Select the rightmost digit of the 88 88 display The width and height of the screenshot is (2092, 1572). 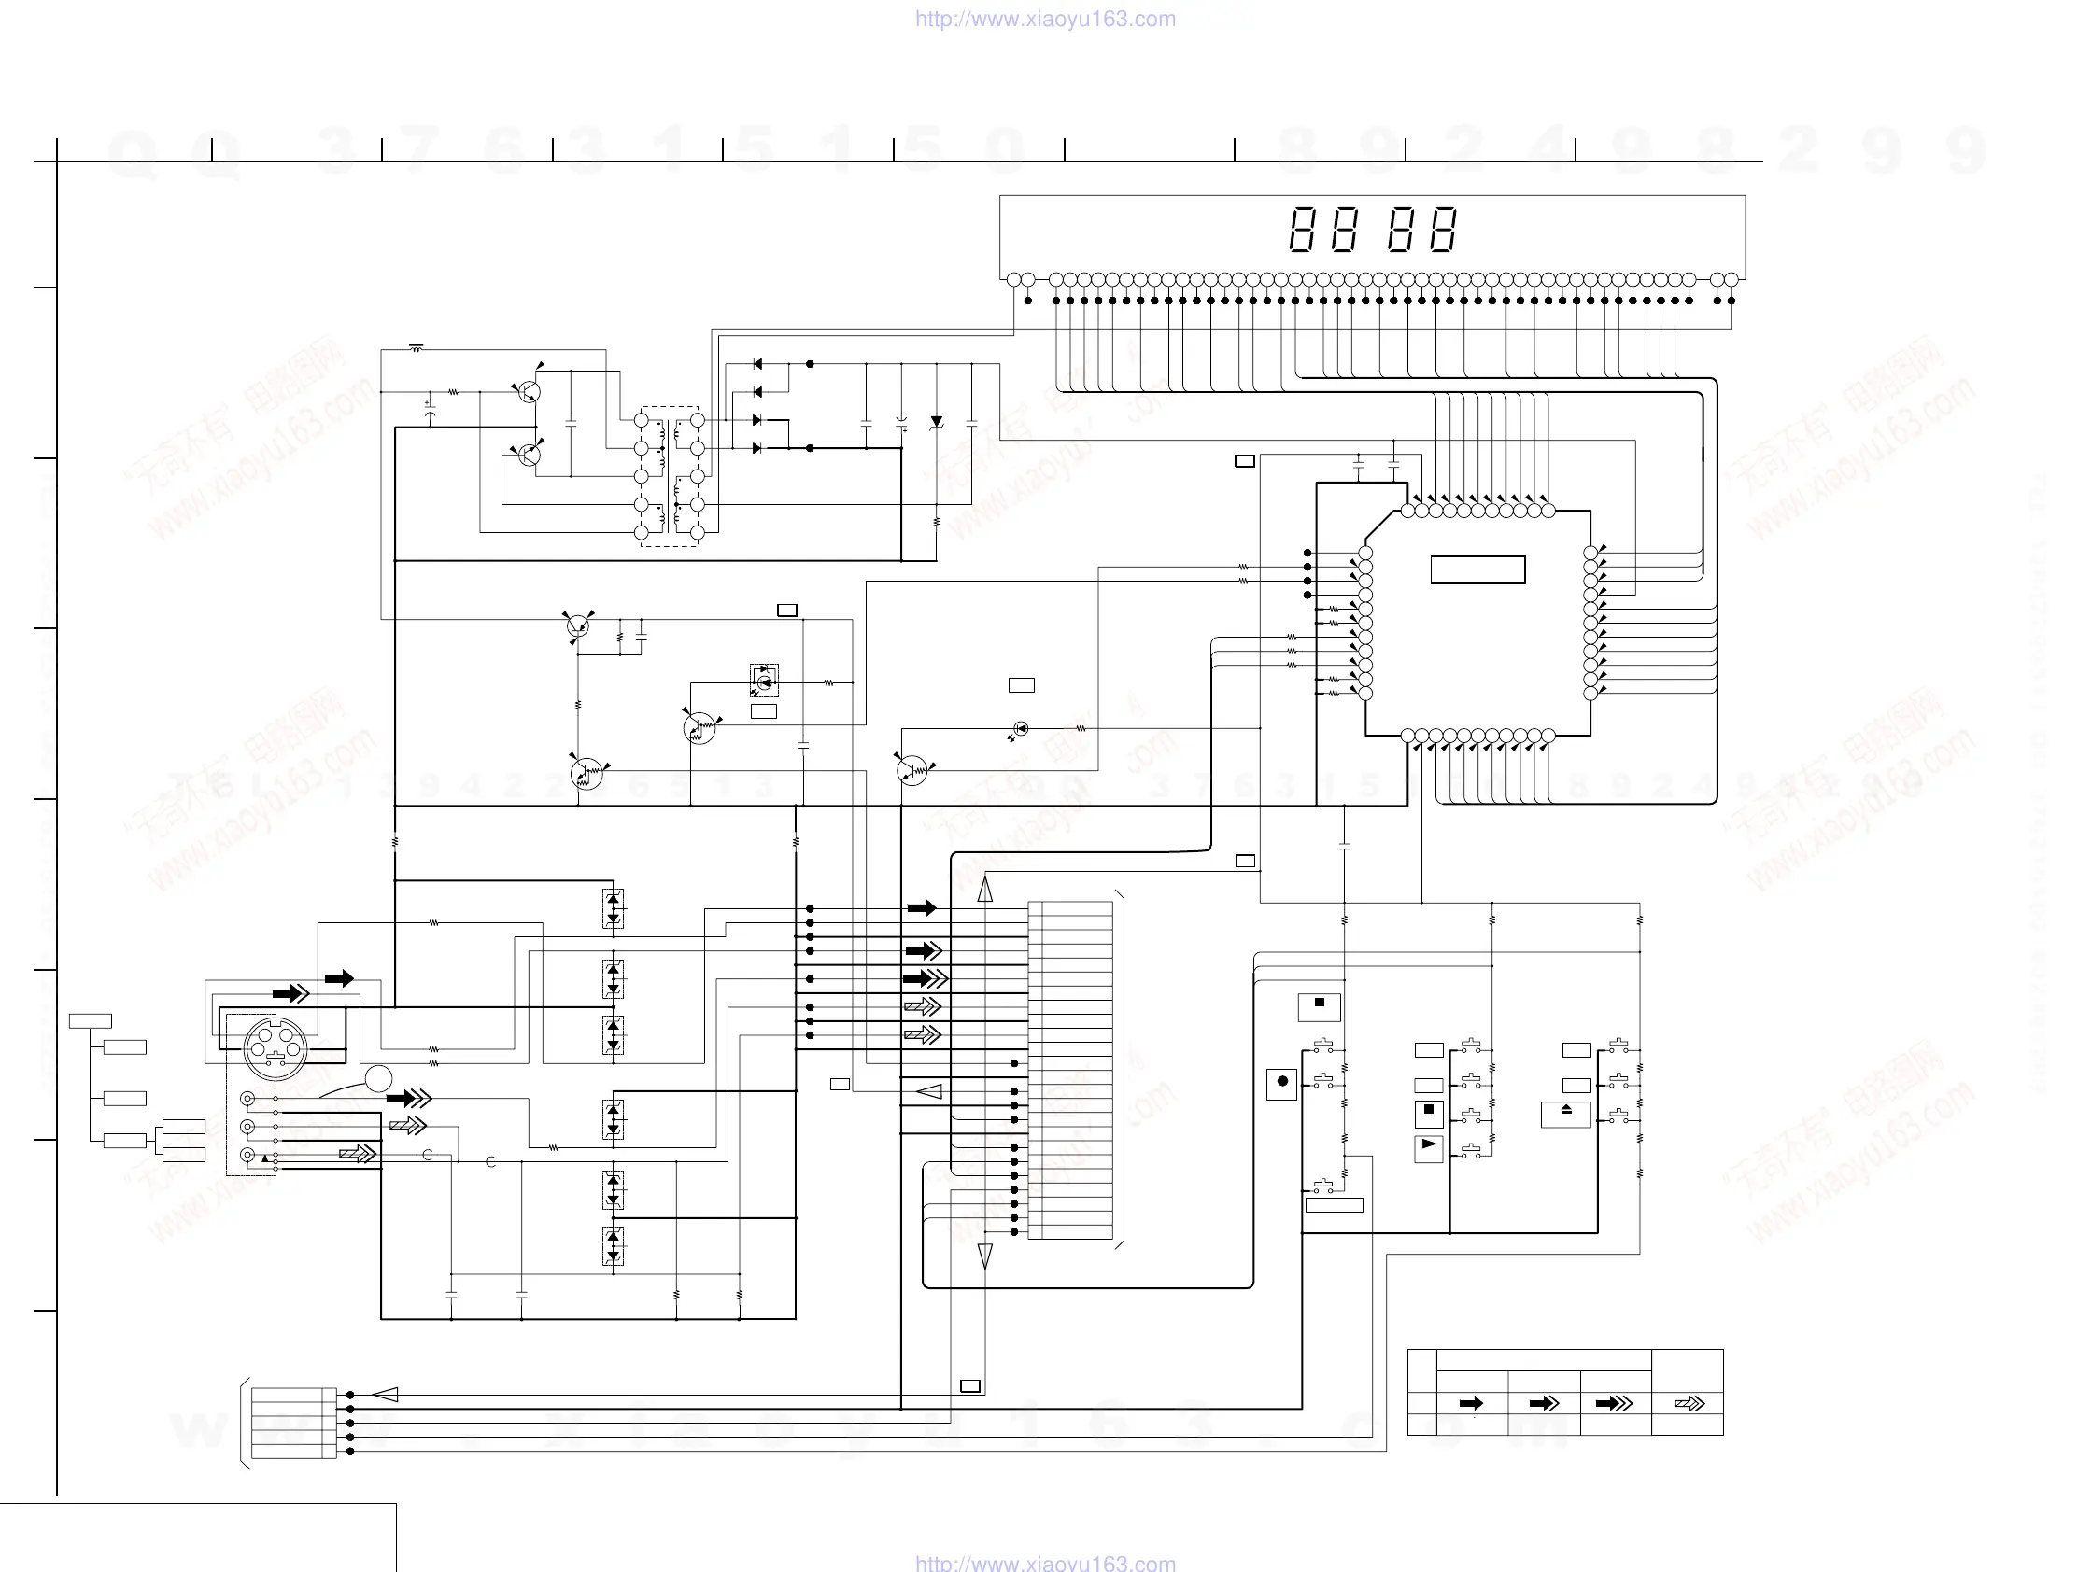pos(1442,230)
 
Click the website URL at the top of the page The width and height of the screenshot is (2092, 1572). pos(1045,19)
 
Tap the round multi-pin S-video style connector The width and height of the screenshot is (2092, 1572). pos(276,1047)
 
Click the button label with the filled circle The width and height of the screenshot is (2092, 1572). pos(1281,1083)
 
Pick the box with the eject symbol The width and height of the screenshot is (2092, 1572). pos(1565,1114)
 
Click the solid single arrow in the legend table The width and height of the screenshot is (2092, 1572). pos(1471,1403)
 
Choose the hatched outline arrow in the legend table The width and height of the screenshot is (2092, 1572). pos(1689,1403)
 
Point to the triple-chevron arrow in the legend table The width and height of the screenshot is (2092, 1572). pos(1615,1403)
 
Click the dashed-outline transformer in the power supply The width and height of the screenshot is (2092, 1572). pos(670,476)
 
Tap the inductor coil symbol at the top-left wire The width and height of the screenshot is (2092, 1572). pos(417,348)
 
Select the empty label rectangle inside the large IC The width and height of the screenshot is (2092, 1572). pos(1477,569)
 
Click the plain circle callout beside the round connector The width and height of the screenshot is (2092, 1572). pos(378,1077)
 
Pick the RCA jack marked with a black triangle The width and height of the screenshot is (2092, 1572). pos(247,1154)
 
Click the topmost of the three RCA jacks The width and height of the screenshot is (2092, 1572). pos(247,1099)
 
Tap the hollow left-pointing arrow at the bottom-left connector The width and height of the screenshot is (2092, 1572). pos(385,1395)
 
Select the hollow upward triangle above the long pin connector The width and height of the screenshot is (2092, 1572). pos(984,889)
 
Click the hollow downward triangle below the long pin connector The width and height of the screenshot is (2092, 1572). pos(984,1256)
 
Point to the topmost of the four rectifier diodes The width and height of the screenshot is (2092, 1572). pos(757,364)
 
